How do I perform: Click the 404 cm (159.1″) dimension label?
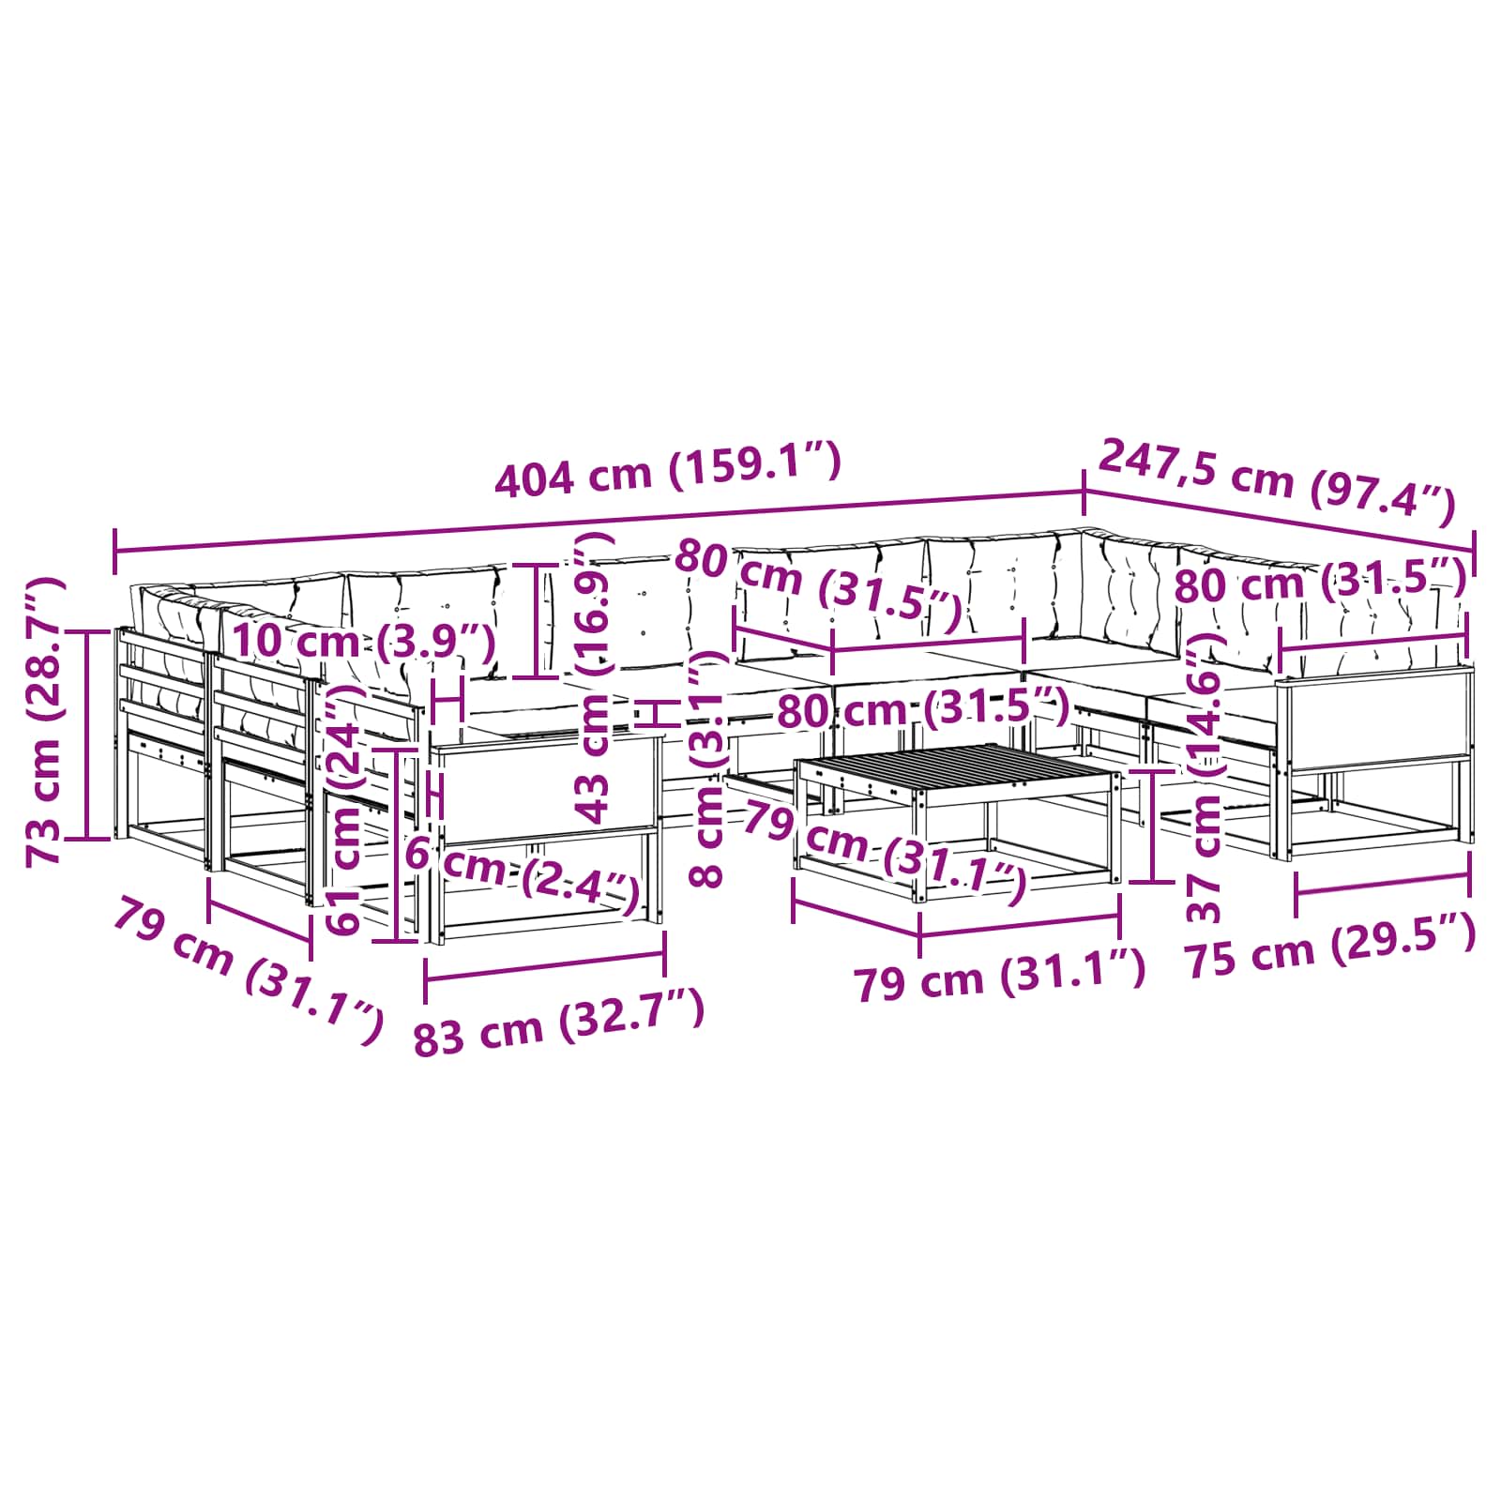pyautogui.click(x=667, y=469)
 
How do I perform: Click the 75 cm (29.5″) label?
pyautogui.click(x=1330, y=948)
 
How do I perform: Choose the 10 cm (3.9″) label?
pyautogui.click(x=364, y=642)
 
